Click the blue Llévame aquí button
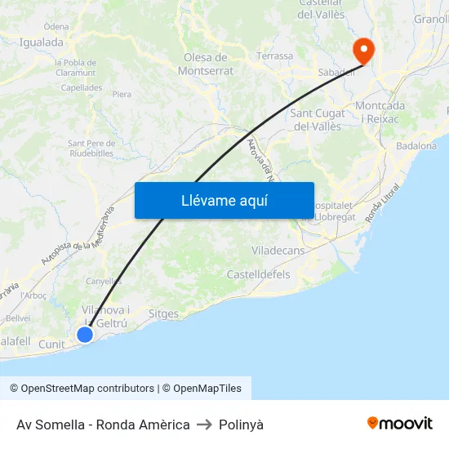(x=224, y=200)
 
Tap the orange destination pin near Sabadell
(x=362, y=51)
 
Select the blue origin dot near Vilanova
(x=84, y=334)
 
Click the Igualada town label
(x=41, y=42)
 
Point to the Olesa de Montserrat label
(x=206, y=64)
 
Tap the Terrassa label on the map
(x=274, y=56)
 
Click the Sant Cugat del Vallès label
(x=318, y=119)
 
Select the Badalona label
(x=416, y=146)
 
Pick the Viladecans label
(x=278, y=251)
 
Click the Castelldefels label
(x=258, y=274)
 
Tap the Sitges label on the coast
(x=163, y=313)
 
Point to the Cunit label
(x=51, y=345)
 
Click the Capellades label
(x=82, y=87)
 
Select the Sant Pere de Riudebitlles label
(x=91, y=148)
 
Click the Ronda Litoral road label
(x=384, y=201)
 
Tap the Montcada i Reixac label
(x=380, y=113)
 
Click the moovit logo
(x=399, y=424)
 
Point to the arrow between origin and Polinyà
(x=204, y=425)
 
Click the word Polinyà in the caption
(x=241, y=425)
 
